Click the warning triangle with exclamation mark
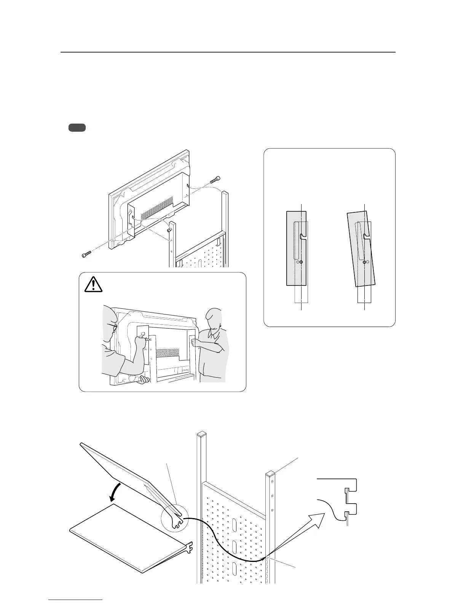[94, 284]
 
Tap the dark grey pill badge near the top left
[77, 128]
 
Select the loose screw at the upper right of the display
[215, 180]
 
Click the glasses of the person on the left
[113, 326]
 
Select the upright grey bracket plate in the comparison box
[296, 248]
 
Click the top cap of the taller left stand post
[201, 434]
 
